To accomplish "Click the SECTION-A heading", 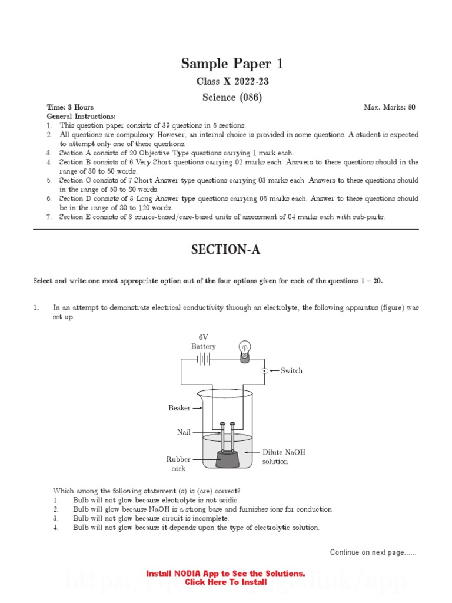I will tap(225, 250).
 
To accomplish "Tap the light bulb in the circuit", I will tap(244, 349).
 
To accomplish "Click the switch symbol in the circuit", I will tap(265, 371).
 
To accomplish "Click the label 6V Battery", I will tap(203, 342).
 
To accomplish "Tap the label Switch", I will tap(291, 371).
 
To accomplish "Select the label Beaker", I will tap(180, 408).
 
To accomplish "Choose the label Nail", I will tap(184, 432).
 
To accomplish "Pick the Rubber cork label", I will tap(178, 463).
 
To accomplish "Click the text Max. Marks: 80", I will tap(390, 108).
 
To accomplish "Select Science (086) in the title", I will tap(225, 97).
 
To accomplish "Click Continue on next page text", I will tap(373, 552).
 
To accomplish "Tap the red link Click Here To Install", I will tap(225, 582).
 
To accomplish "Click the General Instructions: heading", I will tap(81, 117).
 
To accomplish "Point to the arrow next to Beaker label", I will tap(198, 408).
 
